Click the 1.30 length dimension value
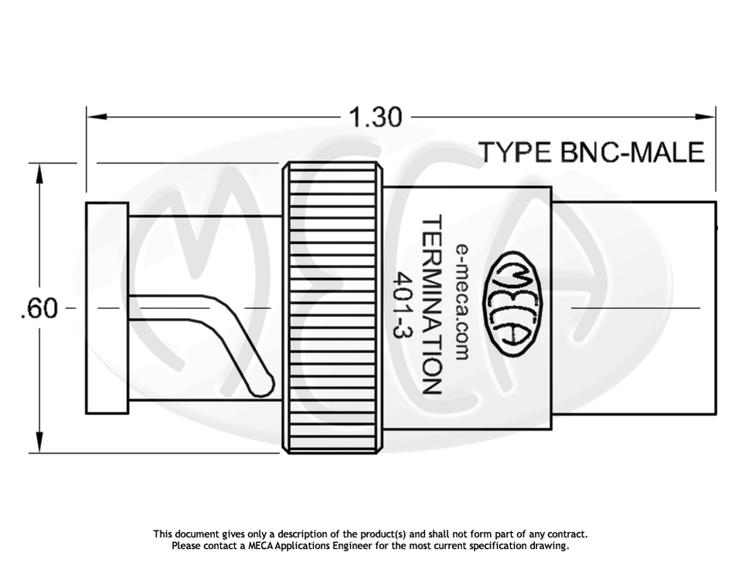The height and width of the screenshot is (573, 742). [375, 118]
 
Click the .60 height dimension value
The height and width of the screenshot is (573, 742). [39, 309]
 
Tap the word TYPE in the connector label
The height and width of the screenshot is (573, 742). [513, 152]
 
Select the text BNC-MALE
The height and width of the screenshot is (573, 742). [628, 152]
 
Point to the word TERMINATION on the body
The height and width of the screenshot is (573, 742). [432, 305]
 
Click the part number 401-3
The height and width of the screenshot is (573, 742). [403, 305]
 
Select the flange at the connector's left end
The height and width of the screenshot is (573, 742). [107, 307]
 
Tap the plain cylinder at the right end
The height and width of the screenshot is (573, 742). [633, 307]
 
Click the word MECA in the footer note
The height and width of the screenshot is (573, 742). [263, 546]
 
